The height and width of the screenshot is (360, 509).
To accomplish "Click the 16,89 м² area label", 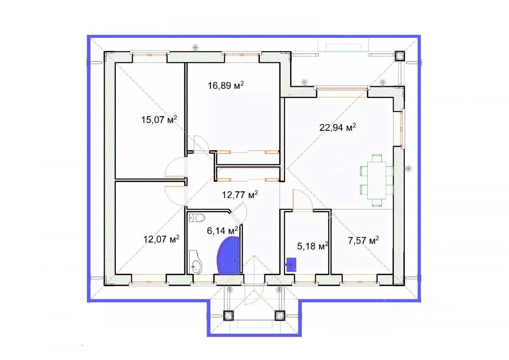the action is [226, 85].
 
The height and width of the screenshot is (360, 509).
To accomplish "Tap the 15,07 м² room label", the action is [159, 119].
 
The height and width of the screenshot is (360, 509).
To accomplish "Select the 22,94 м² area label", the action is [338, 127].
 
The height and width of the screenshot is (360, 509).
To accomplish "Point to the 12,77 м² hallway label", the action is [240, 195].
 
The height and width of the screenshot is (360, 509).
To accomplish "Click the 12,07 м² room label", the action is [162, 239].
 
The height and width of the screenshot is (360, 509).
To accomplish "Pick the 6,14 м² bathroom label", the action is [222, 231].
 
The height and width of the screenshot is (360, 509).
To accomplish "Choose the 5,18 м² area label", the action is [313, 246].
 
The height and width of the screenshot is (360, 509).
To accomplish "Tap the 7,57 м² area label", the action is [364, 240].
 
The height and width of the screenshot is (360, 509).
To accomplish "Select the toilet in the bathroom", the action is [197, 218].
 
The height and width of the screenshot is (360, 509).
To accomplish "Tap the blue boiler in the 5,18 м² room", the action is [291, 264].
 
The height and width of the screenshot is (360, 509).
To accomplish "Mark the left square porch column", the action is [228, 315].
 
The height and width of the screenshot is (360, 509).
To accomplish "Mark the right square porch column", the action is [280, 315].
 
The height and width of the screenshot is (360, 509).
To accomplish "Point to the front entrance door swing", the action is [253, 294].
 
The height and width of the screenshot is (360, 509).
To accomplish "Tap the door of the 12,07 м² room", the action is [174, 196].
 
